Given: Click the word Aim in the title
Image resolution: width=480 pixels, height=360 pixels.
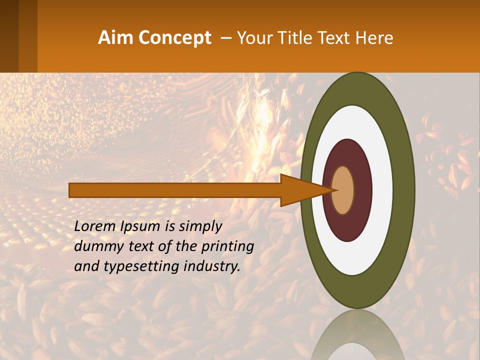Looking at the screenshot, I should click(x=115, y=37).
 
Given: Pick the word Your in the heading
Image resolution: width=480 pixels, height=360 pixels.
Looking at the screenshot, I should click(x=254, y=38).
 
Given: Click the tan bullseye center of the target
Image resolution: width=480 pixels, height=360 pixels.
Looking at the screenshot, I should click(x=342, y=190).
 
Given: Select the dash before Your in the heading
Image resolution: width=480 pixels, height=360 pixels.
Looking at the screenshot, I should click(x=226, y=38).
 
